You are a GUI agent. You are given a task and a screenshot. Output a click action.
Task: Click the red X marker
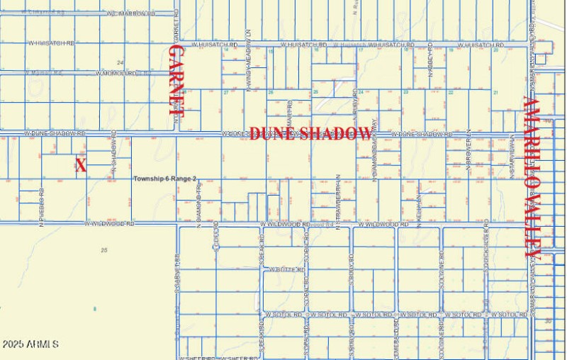(x=81, y=166)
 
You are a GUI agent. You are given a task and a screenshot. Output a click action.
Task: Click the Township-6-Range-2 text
(x=164, y=179)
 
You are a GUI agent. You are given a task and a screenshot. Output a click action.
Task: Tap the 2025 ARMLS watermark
(x=30, y=344)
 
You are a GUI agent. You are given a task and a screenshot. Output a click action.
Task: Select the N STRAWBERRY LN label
(x=339, y=202)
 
